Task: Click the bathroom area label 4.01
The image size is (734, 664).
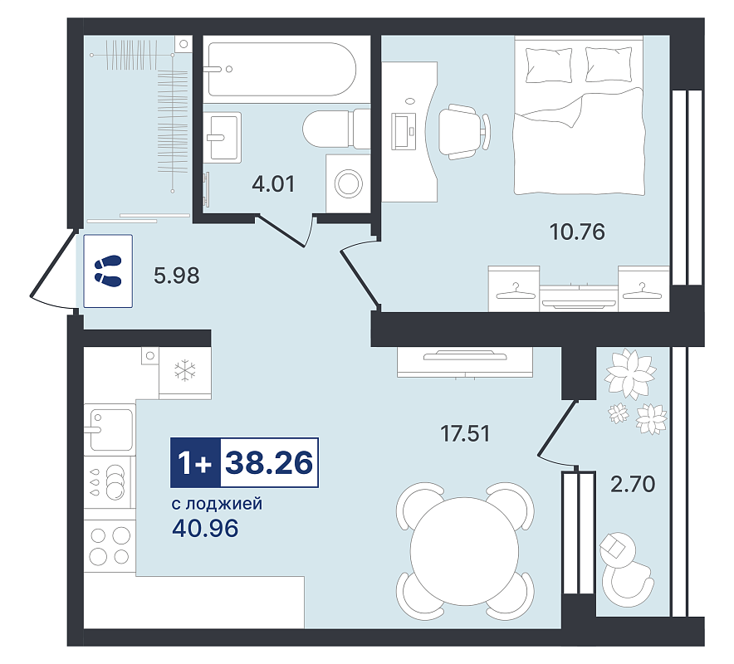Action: point(273,184)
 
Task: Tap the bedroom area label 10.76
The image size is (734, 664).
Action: point(577,232)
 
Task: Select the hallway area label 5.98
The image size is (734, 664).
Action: point(177,276)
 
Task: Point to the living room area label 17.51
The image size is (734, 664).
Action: point(465,434)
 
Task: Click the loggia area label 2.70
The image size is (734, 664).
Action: point(633,484)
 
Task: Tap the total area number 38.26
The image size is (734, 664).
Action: point(269,463)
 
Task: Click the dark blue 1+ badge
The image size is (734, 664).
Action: point(195,463)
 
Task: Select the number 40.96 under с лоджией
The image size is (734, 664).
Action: point(205,529)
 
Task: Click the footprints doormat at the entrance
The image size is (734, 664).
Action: point(108,271)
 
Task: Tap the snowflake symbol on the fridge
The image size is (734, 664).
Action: point(185,369)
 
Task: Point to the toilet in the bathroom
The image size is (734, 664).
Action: point(336,129)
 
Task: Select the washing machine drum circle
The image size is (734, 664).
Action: point(348,183)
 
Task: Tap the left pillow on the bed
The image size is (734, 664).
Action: point(549,65)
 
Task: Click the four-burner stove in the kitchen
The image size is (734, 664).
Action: point(110,545)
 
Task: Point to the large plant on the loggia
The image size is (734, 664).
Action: point(629,375)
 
